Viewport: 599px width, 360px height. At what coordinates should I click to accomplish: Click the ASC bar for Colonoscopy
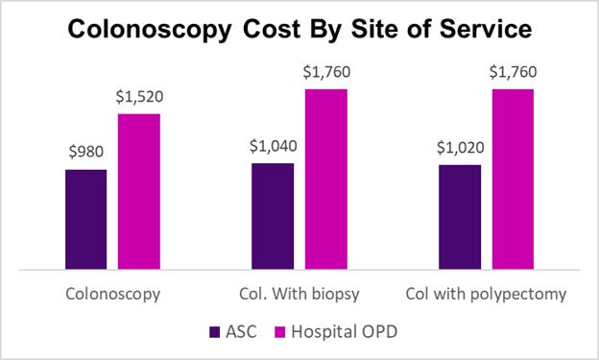85,219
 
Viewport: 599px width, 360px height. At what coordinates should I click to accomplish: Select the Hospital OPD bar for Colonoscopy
138,191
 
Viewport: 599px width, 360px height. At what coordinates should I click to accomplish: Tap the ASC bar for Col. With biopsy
273,216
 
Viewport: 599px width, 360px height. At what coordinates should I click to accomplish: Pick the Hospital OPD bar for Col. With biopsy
325,179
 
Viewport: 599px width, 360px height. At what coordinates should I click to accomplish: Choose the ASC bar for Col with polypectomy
460,217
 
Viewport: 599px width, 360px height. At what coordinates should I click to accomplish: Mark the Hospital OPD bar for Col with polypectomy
513,179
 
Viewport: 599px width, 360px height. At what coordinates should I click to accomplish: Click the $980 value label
85,151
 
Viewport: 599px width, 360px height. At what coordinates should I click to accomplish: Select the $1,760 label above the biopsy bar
325,71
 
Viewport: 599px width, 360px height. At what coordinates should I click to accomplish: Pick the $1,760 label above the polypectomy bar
513,71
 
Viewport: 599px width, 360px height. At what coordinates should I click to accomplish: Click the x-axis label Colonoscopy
112,292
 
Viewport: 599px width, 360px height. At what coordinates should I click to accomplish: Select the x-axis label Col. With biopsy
299,292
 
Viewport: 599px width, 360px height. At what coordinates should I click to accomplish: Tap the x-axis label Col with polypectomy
486,292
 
